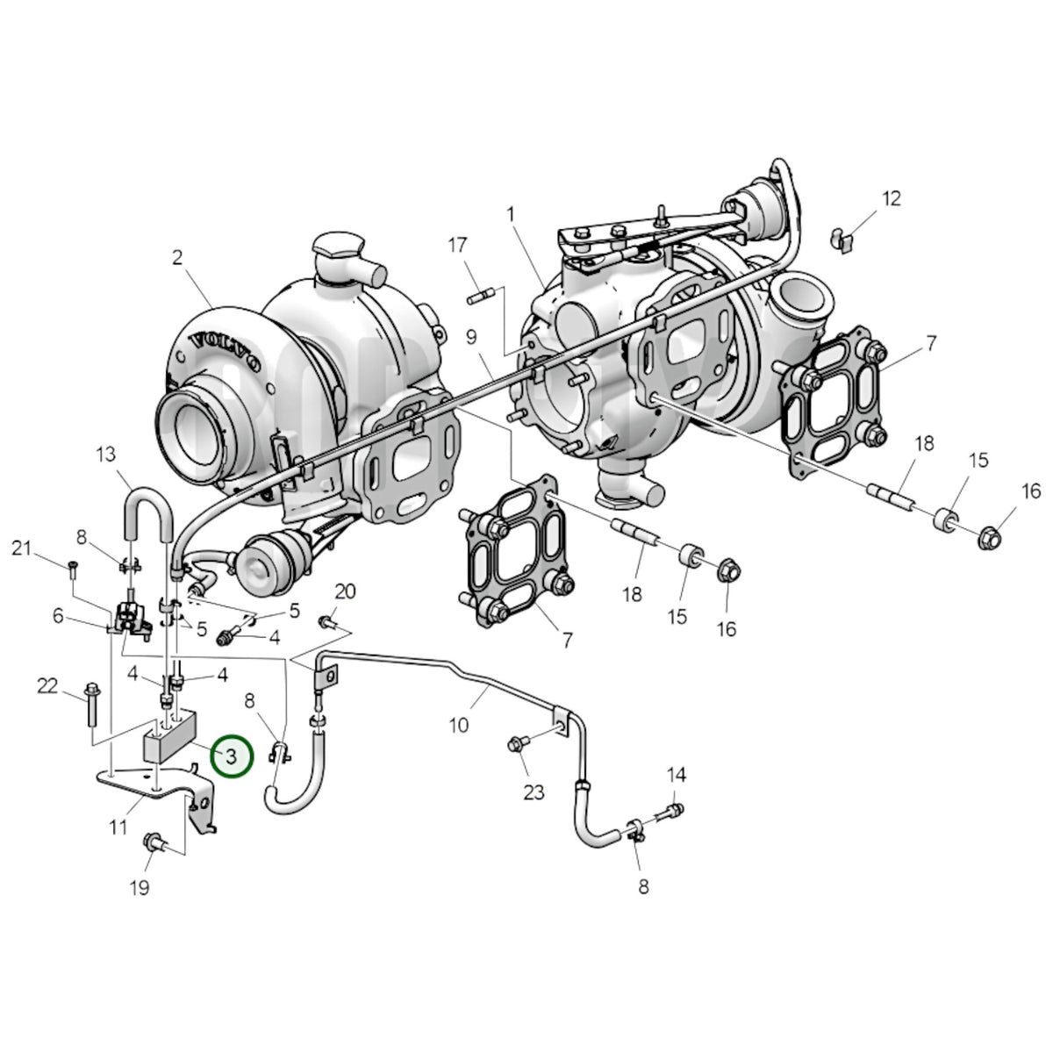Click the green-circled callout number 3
(x=232, y=756)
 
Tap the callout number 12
(x=892, y=198)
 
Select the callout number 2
(x=177, y=257)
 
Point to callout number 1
(x=511, y=214)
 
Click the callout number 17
(x=457, y=245)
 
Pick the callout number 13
(x=106, y=454)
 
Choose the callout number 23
(x=534, y=792)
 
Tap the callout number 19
(x=140, y=887)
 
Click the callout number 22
(x=47, y=685)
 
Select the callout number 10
(x=458, y=725)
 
